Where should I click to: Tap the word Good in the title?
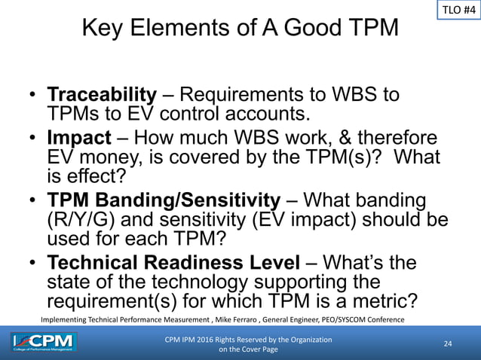pyautogui.click(x=315, y=31)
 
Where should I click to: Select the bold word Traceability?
pyautogui.click(x=102, y=96)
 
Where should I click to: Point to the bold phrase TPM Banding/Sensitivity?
pyautogui.click(x=164, y=201)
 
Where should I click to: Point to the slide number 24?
pyautogui.click(x=447, y=343)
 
